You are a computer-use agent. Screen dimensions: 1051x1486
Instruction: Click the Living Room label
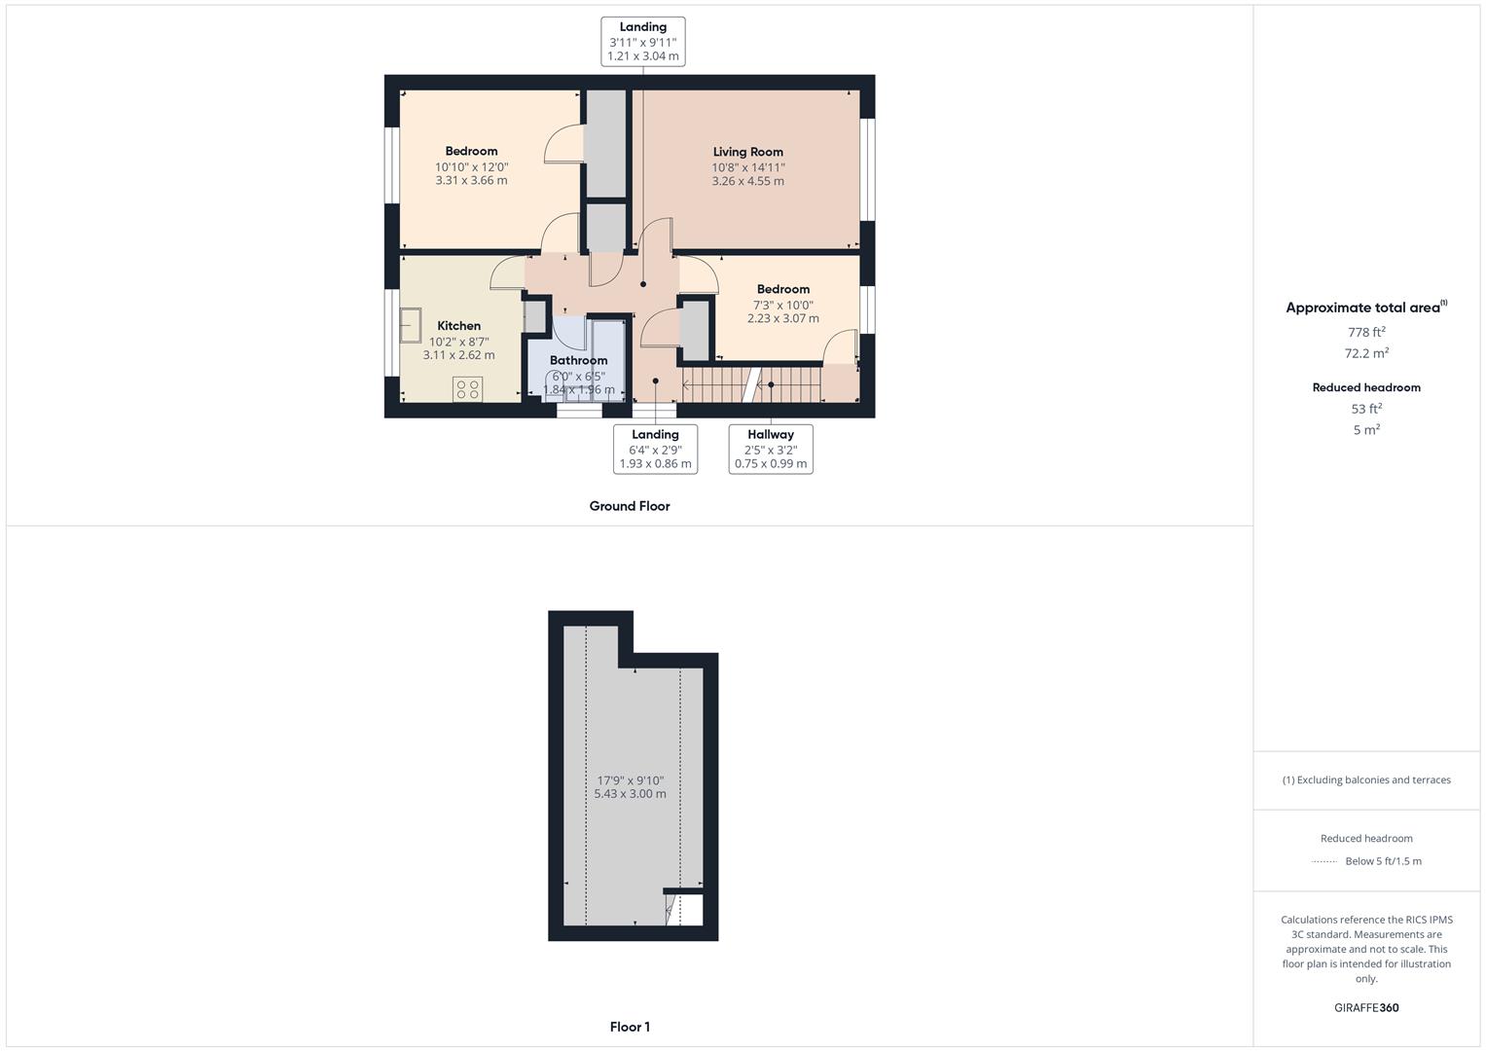(747, 152)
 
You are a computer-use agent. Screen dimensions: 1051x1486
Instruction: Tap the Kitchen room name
(458, 326)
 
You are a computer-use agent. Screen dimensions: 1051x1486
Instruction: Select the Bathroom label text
(578, 361)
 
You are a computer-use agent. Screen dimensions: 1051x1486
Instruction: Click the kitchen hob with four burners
(467, 389)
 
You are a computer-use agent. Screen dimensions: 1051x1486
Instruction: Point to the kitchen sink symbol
(410, 325)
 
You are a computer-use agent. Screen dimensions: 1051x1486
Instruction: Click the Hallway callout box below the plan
(770, 449)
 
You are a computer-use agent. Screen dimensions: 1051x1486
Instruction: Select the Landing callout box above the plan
(642, 42)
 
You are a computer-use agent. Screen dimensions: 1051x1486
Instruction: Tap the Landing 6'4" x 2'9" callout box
(655, 449)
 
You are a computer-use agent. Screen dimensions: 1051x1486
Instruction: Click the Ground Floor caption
(630, 506)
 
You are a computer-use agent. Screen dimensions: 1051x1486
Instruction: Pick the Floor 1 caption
(630, 1027)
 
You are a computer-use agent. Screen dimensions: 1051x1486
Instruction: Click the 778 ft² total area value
(1366, 332)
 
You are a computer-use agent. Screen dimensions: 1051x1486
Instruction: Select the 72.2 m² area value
(1366, 353)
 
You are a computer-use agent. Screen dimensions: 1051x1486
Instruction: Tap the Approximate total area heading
(1365, 308)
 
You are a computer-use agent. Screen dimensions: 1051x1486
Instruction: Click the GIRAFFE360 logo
(1366, 1007)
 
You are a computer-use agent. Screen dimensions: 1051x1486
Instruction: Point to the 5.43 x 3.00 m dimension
(630, 794)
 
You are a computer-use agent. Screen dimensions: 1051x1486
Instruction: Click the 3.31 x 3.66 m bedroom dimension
(471, 181)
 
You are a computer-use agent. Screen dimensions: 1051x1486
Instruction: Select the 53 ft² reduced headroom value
(1366, 409)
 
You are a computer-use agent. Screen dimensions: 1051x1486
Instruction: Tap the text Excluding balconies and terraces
(1372, 779)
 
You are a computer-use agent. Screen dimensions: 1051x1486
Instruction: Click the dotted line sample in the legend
(1324, 861)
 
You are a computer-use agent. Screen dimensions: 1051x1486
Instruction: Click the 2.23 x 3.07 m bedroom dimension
(782, 318)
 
